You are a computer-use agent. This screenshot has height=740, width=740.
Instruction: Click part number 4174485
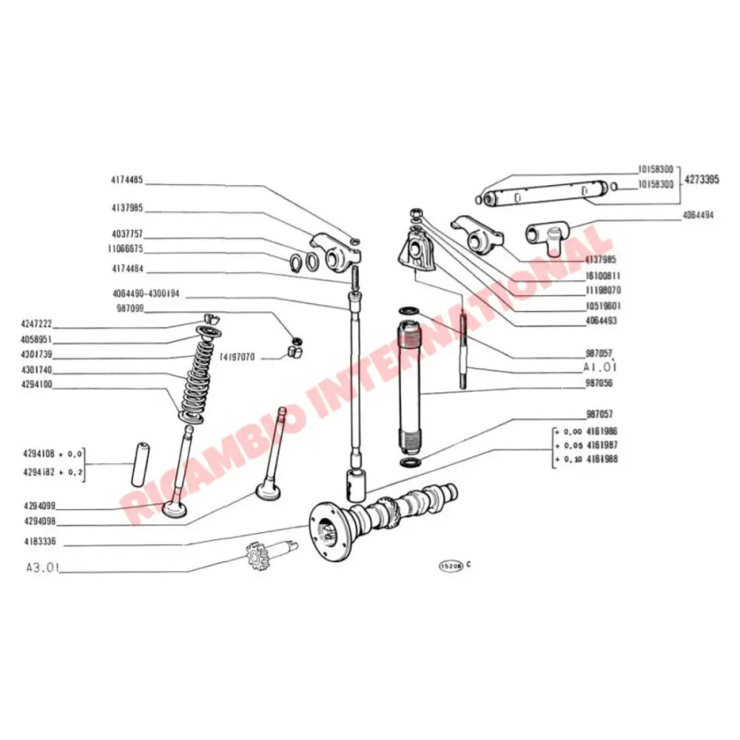(127, 180)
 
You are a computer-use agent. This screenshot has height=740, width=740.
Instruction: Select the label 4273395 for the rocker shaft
(699, 178)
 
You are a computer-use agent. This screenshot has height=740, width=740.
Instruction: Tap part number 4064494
(698, 216)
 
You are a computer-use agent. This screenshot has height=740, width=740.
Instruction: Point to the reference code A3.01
(43, 570)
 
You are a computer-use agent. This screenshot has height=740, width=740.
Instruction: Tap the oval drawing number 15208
(450, 565)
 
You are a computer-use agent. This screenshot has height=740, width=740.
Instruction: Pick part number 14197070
(237, 357)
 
